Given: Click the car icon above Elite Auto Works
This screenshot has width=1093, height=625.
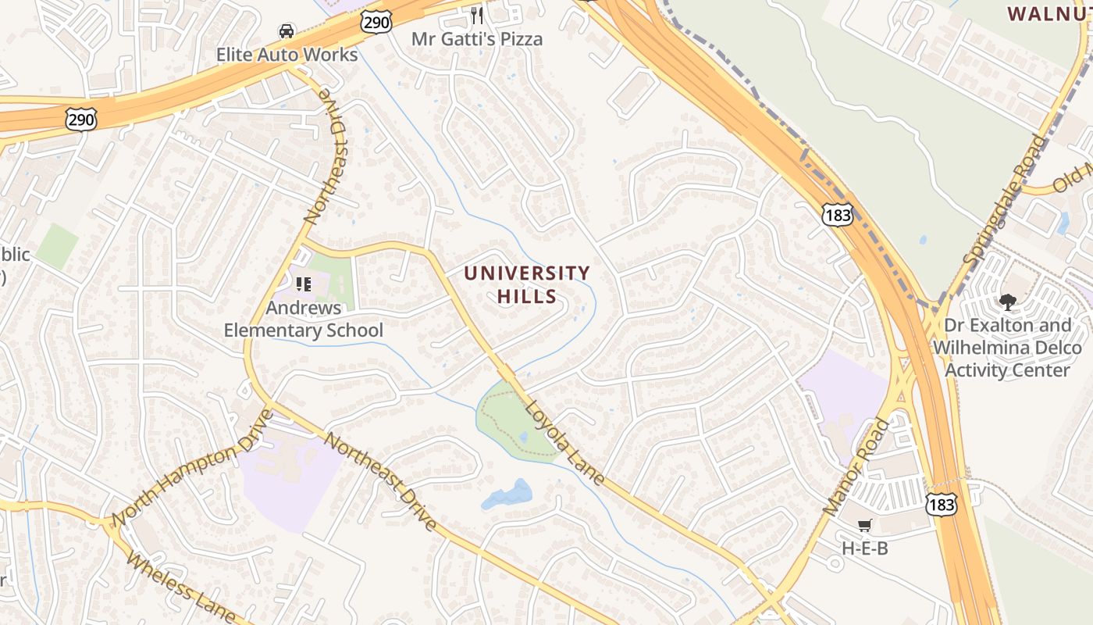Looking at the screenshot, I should (x=287, y=31).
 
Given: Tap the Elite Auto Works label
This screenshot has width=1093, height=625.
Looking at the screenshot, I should (x=287, y=55).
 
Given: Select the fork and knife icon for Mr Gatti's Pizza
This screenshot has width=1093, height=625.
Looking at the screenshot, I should (x=477, y=16).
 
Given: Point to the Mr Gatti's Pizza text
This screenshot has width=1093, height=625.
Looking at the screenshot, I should (x=477, y=39).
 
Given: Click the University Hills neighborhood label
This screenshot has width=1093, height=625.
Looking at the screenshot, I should (x=527, y=284).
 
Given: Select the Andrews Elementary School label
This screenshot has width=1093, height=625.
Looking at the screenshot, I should (x=303, y=319).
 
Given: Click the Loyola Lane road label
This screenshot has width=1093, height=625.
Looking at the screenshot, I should (x=564, y=442).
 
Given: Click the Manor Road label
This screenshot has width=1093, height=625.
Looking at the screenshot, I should (x=856, y=466).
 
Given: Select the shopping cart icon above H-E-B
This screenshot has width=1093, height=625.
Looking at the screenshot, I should (x=864, y=526).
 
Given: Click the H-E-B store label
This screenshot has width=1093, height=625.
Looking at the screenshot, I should (x=864, y=548).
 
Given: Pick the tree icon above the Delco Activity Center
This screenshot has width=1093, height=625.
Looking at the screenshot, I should (x=1007, y=302).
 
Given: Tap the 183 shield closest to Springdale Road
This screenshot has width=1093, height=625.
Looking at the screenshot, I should (x=837, y=214).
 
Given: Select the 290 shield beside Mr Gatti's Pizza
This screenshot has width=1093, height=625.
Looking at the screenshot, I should (x=376, y=23).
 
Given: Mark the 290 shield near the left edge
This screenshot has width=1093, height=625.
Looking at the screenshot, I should (x=81, y=120).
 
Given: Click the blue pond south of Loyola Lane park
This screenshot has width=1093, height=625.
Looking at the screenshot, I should (x=507, y=495).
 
